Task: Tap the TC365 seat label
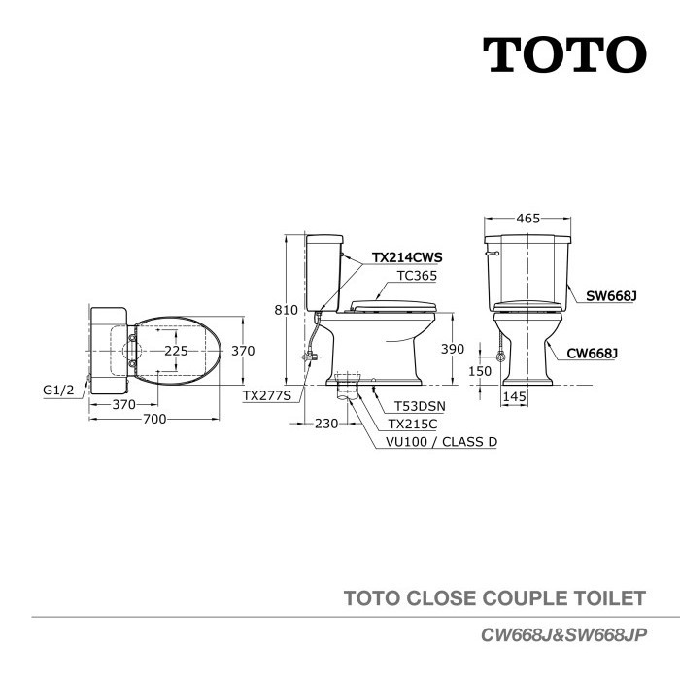[418, 275]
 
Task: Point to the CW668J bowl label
[590, 354]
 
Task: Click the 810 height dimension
[286, 310]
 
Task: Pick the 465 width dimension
[528, 219]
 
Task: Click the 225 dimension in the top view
[176, 351]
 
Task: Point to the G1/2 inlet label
[59, 389]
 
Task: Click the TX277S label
[267, 395]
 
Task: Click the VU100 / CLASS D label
[442, 442]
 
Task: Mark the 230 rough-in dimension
[326, 424]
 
